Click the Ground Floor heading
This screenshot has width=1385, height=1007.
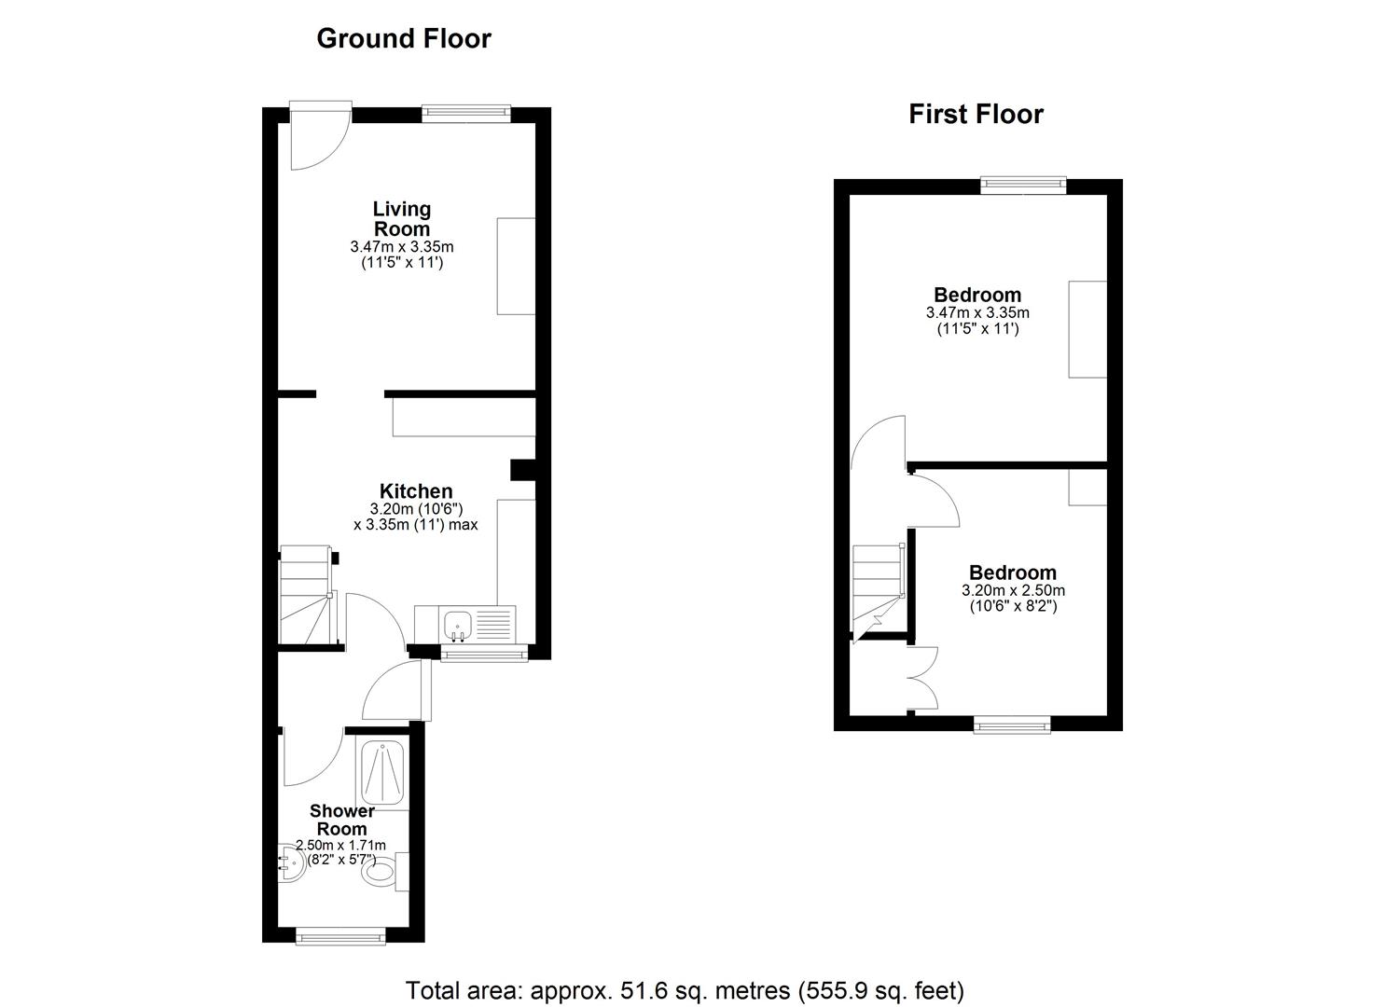(x=403, y=38)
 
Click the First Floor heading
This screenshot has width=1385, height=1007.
(x=976, y=114)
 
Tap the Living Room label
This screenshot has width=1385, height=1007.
(x=402, y=218)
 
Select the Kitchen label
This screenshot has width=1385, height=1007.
(x=416, y=491)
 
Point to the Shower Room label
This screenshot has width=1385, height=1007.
(x=341, y=820)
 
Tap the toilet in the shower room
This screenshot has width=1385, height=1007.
(x=382, y=874)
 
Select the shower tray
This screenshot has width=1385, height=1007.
(x=382, y=772)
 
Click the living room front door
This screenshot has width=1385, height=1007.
(x=317, y=137)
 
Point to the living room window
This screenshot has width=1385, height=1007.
(x=465, y=114)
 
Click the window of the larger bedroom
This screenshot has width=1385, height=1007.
(x=1022, y=186)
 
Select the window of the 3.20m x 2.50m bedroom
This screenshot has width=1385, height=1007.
(x=1012, y=724)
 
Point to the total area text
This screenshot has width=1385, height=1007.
(x=685, y=989)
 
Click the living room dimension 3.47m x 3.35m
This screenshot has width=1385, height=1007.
(x=402, y=247)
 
